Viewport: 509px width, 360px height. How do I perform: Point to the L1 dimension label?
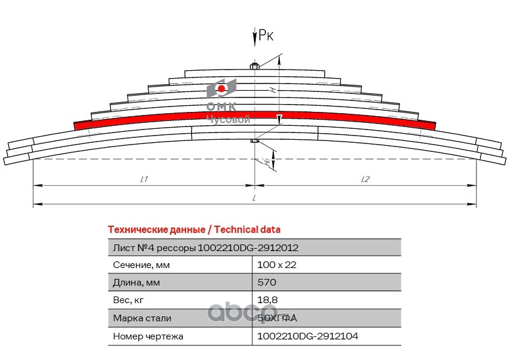144,179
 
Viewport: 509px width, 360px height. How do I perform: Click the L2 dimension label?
365,179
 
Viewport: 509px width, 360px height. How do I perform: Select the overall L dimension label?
254,198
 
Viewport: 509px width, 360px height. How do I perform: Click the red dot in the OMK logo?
222,90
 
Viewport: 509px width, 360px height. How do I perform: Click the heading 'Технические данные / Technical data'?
193,230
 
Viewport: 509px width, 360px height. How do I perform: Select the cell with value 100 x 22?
277,265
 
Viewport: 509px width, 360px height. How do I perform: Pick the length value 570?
267,283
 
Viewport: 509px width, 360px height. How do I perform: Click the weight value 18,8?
267,300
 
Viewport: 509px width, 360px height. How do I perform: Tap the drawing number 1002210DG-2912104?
307,336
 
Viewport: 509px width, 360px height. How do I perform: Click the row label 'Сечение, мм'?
141,265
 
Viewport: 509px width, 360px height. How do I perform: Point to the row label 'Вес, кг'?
129,300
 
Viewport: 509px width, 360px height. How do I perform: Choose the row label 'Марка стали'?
142,318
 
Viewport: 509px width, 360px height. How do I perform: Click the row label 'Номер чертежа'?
148,336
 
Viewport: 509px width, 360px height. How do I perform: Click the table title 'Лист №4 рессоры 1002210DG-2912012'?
206,247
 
